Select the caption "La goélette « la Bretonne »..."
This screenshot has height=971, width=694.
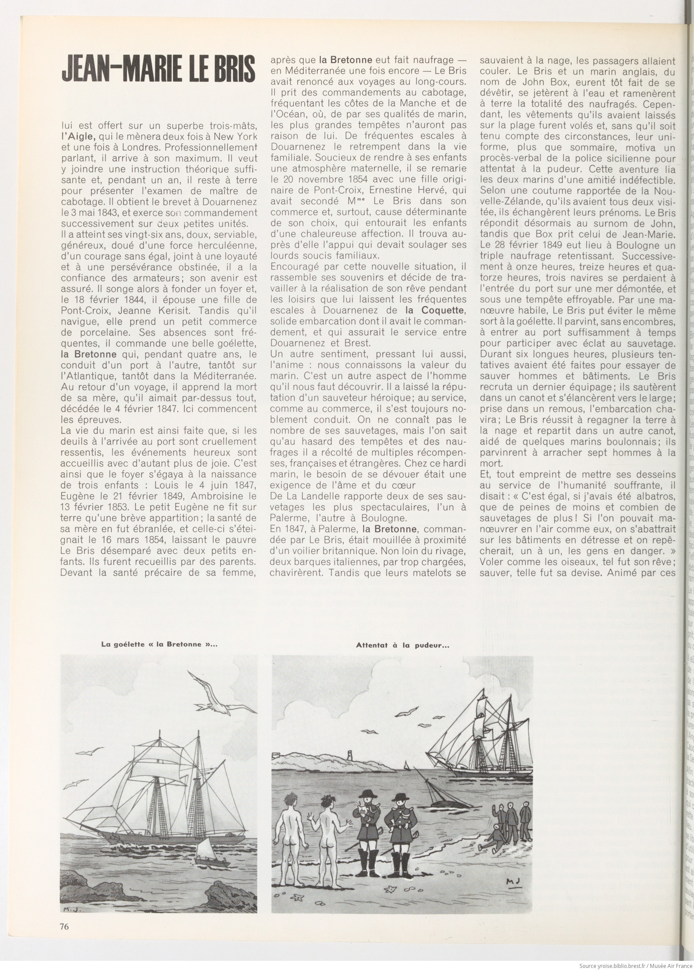(x=159, y=645)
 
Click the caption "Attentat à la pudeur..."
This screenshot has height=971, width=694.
(x=402, y=646)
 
